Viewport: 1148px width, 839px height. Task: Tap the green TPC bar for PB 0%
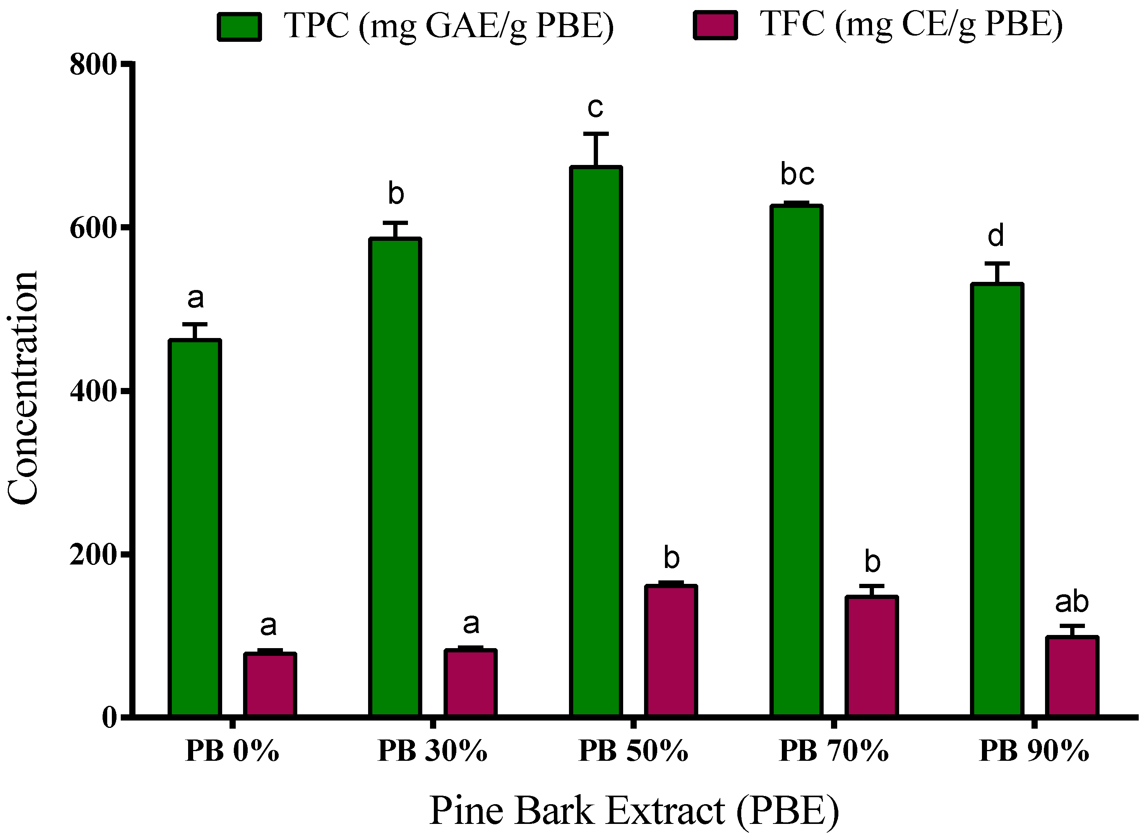pyautogui.click(x=194, y=528)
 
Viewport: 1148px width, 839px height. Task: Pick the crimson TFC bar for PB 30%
pyautogui.click(x=470, y=683)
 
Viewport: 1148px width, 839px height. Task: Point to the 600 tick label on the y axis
pyautogui.click(x=94, y=228)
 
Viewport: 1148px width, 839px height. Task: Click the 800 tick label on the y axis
pyautogui.click(x=94, y=65)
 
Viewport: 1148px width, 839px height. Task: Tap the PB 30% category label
pyautogui.click(x=433, y=751)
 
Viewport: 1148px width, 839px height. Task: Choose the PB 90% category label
pyautogui.click(x=1034, y=751)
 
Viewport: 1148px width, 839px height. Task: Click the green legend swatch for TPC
pyautogui.click(x=240, y=26)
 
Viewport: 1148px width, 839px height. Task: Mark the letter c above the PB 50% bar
pyautogui.click(x=595, y=108)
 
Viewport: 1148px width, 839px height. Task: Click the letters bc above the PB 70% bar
pyautogui.click(x=797, y=175)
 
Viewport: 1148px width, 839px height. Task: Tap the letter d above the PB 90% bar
pyautogui.click(x=996, y=236)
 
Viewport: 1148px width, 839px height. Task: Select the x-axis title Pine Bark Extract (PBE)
pyautogui.click(x=634, y=811)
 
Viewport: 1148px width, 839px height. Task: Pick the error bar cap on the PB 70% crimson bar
pyautogui.click(x=871, y=586)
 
